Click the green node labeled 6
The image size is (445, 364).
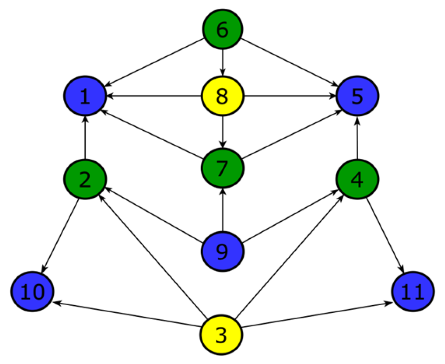(222, 29)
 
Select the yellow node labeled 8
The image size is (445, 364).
(222, 97)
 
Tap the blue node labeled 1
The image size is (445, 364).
(85, 97)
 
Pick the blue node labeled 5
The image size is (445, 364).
(357, 97)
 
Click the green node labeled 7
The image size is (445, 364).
(222, 167)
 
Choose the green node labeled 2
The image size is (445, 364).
(85, 179)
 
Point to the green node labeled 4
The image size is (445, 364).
(357, 179)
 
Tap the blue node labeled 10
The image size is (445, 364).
(32, 292)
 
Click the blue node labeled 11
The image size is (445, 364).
(413, 292)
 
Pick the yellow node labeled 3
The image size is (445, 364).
(221, 335)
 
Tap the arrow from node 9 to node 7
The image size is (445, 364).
(223, 209)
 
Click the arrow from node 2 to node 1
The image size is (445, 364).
(85, 138)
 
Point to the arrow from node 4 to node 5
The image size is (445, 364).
(357, 138)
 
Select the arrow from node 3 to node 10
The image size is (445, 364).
(128, 314)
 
